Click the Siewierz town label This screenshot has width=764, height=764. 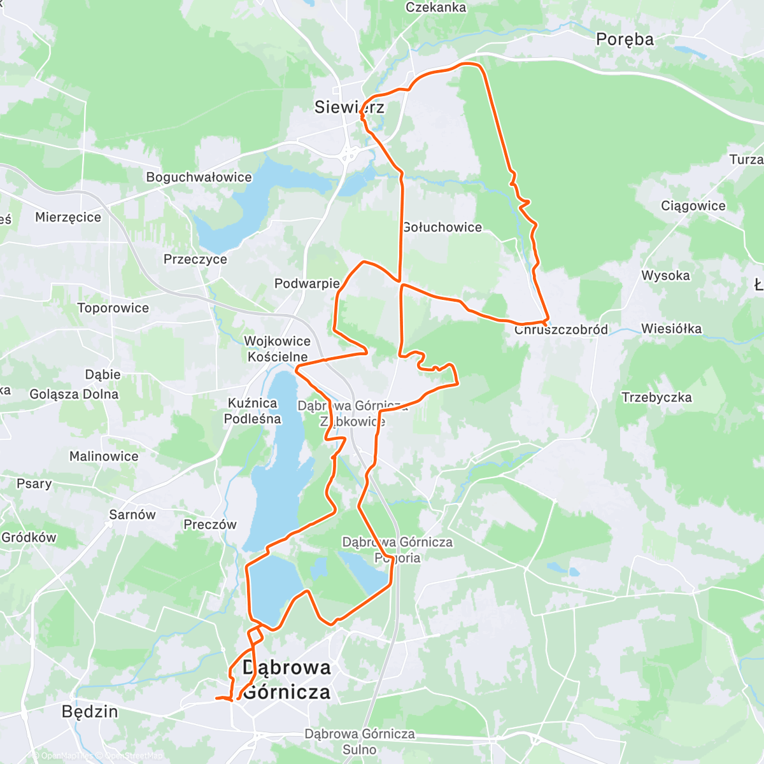point(349,107)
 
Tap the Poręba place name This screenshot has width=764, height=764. point(625,39)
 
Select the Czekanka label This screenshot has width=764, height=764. point(435,8)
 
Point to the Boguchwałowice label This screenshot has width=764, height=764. point(199,177)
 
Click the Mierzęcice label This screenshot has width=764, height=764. point(68,217)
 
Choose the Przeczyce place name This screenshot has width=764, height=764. point(195,259)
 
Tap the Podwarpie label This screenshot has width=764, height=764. point(307,283)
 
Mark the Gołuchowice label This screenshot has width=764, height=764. point(442,227)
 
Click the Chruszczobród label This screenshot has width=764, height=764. point(561,330)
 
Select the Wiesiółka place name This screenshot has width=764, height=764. point(671,329)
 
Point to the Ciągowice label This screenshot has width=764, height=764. point(693,206)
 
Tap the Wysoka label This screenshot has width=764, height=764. point(665,276)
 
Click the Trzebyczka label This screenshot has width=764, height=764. point(656,397)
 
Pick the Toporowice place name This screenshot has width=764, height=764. point(113,308)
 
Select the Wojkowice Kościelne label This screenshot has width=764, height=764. point(278,349)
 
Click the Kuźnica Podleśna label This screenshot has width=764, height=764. point(252,411)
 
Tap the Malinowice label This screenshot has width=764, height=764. point(104,456)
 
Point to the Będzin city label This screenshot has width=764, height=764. point(90,711)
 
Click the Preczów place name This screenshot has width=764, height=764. point(209,525)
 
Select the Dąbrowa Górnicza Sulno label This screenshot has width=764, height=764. point(359,742)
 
